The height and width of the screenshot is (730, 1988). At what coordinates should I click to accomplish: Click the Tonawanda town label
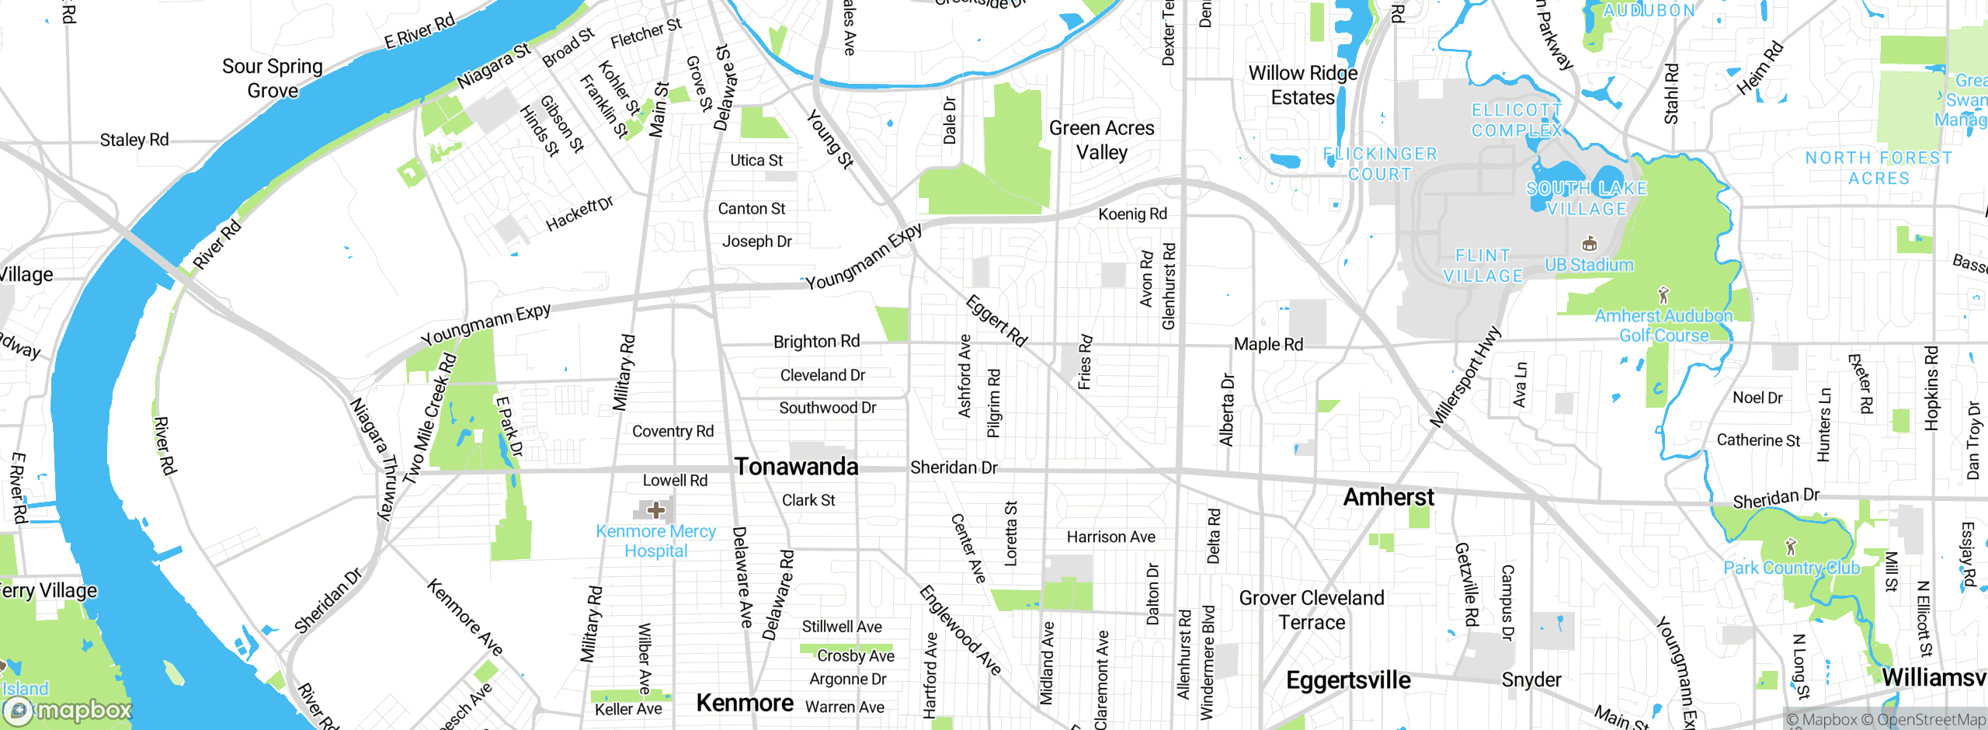tap(796, 467)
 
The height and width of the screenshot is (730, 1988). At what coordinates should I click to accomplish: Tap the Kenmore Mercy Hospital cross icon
tap(656, 510)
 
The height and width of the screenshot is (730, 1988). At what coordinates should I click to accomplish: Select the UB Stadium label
tap(1589, 265)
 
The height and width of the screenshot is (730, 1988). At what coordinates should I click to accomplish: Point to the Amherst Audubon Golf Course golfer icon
tap(1663, 295)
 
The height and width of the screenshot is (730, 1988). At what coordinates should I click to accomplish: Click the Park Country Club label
tap(1792, 568)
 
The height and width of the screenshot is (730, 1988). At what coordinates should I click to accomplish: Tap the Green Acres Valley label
tap(1101, 140)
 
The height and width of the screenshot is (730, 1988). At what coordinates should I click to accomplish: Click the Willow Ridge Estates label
tap(1302, 85)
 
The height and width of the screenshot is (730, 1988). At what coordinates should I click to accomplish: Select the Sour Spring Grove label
tap(272, 78)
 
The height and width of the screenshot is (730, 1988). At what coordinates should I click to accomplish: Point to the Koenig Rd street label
tap(1132, 214)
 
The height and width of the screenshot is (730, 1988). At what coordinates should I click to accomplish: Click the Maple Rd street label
tap(1268, 344)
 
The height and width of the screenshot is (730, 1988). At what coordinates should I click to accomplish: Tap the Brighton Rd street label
tap(816, 342)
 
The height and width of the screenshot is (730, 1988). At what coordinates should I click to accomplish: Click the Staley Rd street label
tap(134, 141)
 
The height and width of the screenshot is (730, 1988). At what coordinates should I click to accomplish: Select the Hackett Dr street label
tap(579, 214)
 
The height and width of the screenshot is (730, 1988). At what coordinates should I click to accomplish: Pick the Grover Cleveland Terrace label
tap(1312, 610)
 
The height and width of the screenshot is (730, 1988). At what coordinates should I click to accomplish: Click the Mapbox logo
tap(68, 710)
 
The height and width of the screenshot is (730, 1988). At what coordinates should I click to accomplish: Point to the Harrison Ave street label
tap(1110, 537)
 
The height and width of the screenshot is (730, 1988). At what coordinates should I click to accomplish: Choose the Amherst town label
tap(1388, 497)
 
